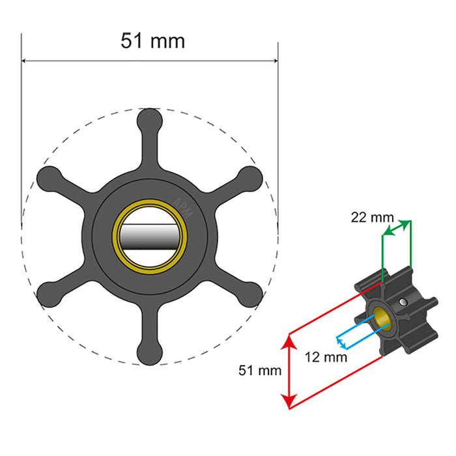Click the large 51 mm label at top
coord(152,40)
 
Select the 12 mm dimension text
coord(326,357)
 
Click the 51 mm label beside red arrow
coord(260,370)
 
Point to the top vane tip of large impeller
coord(149,120)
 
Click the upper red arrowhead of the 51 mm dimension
coord(289,339)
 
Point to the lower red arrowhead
coord(289,404)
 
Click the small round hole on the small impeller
coord(406,302)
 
